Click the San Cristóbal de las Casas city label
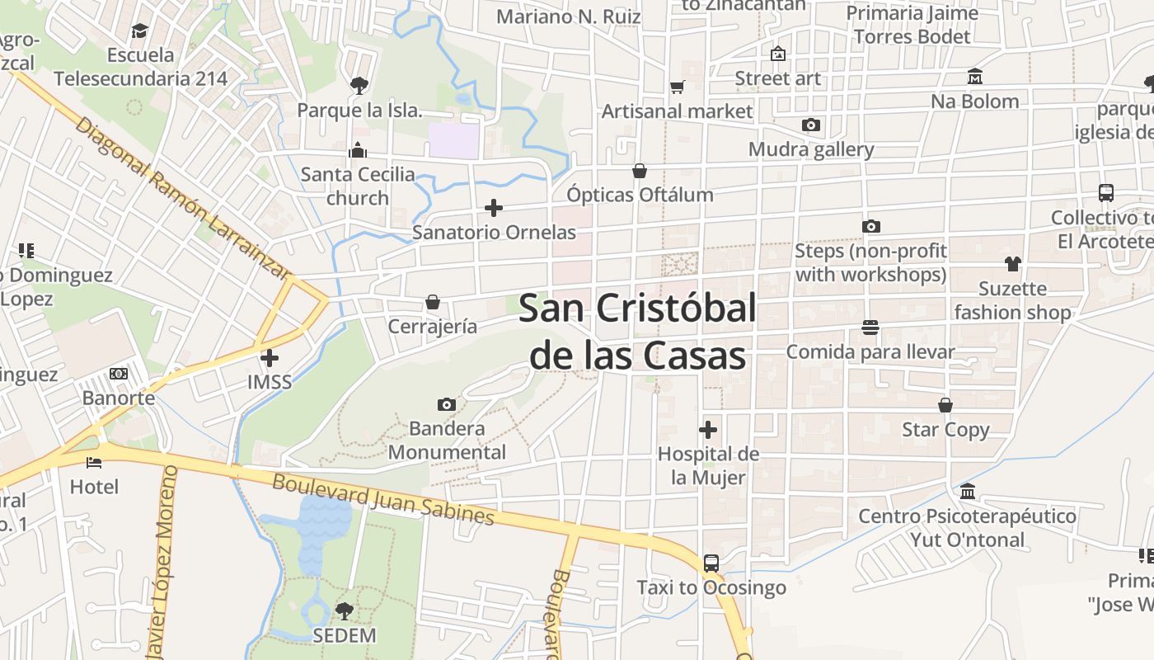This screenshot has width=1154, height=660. [637, 332]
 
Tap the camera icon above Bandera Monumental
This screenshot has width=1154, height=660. [446, 404]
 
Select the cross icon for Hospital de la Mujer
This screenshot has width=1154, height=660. [707, 430]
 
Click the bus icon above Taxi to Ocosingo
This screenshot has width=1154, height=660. [711, 563]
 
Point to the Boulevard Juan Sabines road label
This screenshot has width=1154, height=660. [382, 498]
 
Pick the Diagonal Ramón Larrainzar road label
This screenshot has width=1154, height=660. [182, 198]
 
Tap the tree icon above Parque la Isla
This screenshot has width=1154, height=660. [359, 85]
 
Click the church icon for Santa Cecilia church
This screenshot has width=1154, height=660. [358, 150]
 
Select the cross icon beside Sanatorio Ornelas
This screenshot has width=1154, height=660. [494, 208]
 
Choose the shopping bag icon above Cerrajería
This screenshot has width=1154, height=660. [432, 302]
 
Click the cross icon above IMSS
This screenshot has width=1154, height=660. [269, 358]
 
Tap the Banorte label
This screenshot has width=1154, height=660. [119, 398]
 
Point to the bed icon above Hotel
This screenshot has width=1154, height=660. [94, 462]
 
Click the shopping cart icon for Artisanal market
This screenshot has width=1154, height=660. [677, 87]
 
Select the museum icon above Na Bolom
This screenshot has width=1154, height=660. [975, 77]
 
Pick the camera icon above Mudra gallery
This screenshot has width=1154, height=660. [811, 125]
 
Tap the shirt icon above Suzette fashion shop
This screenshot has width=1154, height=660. [1012, 264]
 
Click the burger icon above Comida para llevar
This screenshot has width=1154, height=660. [870, 328]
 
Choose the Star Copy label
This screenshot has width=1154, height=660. [945, 429]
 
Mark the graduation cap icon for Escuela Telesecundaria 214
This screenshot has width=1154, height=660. [139, 31]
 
